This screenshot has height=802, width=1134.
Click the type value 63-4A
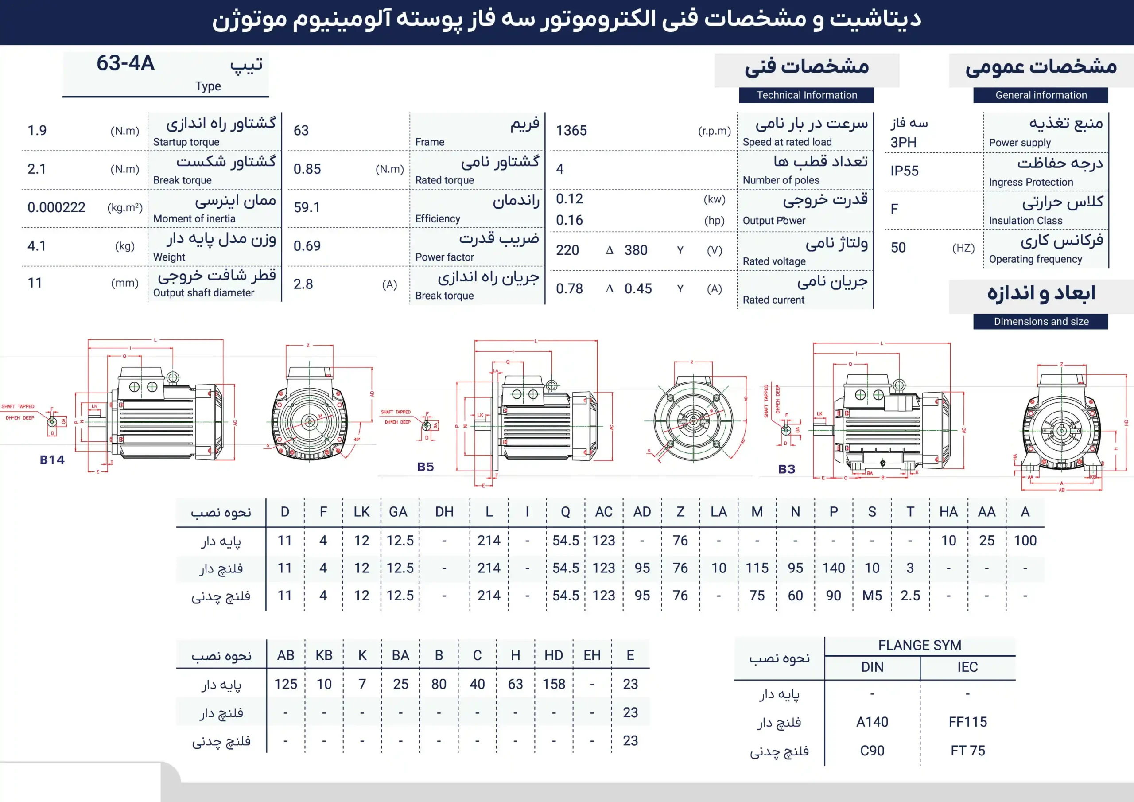click(x=125, y=64)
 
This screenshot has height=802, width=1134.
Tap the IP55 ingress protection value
click(x=905, y=171)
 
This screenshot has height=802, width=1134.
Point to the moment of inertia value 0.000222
click(x=56, y=207)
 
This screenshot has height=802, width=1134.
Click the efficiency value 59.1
click(x=307, y=207)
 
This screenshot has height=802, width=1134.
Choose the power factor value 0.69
click(x=307, y=245)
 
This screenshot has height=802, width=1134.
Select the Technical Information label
click(x=807, y=95)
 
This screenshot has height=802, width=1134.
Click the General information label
click(x=1041, y=95)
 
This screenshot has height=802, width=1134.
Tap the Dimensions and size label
click(x=1041, y=322)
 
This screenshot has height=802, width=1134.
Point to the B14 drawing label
click(x=52, y=460)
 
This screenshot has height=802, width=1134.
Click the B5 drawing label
click(x=425, y=467)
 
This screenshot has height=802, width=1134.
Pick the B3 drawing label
click(x=787, y=469)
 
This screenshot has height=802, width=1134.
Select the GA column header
click(x=398, y=512)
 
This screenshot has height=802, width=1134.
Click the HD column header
click(x=554, y=655)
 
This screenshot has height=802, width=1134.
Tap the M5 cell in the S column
click(x=872, y=596)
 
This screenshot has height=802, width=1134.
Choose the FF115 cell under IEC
click(x=967, y=722)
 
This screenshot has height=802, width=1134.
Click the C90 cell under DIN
click(x=872, y=751)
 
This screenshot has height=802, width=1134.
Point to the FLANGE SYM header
click(x=920, y=645)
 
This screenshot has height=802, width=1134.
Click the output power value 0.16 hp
click(x=570, y=220)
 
